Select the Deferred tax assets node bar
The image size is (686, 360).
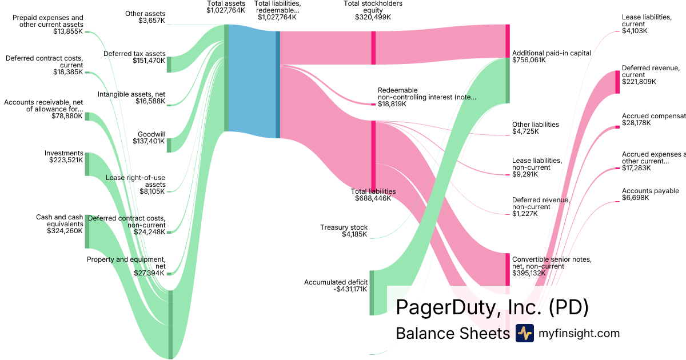(169, 65)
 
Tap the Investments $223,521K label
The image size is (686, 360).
(64, 157)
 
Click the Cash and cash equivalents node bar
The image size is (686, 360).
(87, 231)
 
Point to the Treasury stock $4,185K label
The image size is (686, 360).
(344, 231)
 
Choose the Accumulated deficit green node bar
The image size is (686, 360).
(372, 293)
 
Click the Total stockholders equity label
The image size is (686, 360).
(373, 10)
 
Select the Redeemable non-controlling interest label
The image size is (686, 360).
(426, 97)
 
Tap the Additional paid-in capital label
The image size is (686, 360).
(552, 56)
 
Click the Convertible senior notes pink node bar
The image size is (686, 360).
(507, 269)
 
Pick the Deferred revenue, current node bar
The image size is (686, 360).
(617, 82)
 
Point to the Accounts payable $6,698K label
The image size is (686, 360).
(650, 194)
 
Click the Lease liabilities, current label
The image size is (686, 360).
(647, 24)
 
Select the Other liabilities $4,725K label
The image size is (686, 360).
(536, 128)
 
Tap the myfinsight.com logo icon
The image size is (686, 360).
(524, 333)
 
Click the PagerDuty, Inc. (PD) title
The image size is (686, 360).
(492, 307)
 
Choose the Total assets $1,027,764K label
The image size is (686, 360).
(226, 7)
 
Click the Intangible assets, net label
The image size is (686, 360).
(131, 98)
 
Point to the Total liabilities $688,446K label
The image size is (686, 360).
(373, 195)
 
